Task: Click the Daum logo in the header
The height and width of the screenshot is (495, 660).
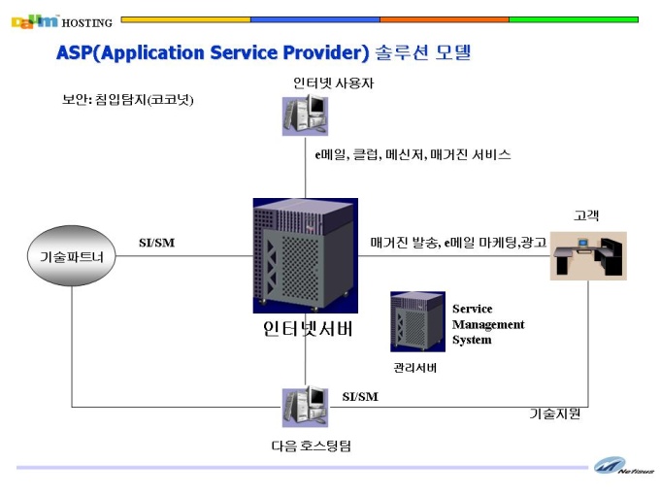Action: (35, 22)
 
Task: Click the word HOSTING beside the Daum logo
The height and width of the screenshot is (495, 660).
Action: (87, 23)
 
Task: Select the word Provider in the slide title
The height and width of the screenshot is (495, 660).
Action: (326, 52)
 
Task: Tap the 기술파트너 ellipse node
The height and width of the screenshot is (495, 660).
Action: (71, 256)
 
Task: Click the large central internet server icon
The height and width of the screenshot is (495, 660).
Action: (305, 256)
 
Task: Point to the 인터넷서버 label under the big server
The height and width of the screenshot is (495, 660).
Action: (308, 329)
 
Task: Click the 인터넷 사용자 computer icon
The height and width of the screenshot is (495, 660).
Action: (305, 115)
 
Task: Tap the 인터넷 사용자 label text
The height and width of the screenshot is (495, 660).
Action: (333, 83)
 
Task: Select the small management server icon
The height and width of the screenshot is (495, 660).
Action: (417, 321)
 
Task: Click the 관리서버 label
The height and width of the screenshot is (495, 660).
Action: (415, 368)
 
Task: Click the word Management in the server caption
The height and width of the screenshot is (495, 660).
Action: (488, 324)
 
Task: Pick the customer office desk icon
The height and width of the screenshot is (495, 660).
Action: (588, 256)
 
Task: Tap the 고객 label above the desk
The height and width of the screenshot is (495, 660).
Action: (586, 215)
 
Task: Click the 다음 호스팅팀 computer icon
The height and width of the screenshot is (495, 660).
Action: (305, 407)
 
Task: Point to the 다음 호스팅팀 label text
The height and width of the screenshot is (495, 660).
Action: (311, 445)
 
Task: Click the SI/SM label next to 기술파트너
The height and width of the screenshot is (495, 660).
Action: (156, 243)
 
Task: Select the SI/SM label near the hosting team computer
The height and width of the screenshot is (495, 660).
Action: (360, 397)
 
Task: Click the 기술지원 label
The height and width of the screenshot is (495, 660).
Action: (555, 413)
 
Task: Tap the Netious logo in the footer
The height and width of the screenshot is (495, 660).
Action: (624, 466)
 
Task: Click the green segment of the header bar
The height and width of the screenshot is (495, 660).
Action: (574, 19)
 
